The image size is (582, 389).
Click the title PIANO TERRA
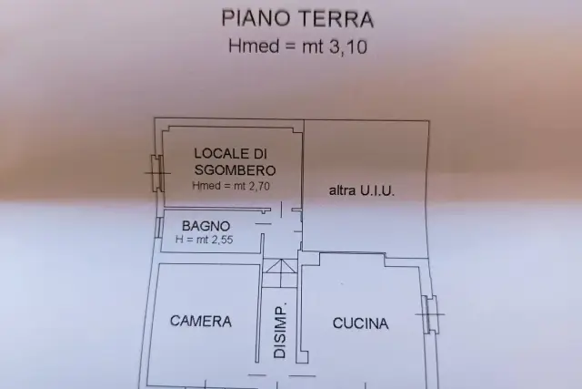[297, 19]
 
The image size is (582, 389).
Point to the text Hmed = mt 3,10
[297, 46]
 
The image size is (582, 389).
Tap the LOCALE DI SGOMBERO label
[235, 162]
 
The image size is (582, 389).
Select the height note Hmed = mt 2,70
[231, 186]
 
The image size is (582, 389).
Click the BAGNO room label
[206, 226]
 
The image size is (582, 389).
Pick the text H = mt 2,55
[204, 239]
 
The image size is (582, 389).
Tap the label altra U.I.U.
[362, 190]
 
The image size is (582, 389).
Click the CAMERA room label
[201, 321]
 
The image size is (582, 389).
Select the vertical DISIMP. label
[280, 331]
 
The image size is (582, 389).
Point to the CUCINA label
[361, 323]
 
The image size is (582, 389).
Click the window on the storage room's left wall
[157, 173]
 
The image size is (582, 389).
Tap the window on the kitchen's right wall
[430, 314]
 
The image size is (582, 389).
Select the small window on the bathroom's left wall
[158, 227]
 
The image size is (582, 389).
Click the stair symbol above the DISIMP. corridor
[281, 273]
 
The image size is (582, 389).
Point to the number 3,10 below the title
[347, 47]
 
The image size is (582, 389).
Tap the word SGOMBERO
[235, 170]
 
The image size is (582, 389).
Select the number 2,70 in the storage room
[259, 186]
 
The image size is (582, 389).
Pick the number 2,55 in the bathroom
[222, 240]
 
